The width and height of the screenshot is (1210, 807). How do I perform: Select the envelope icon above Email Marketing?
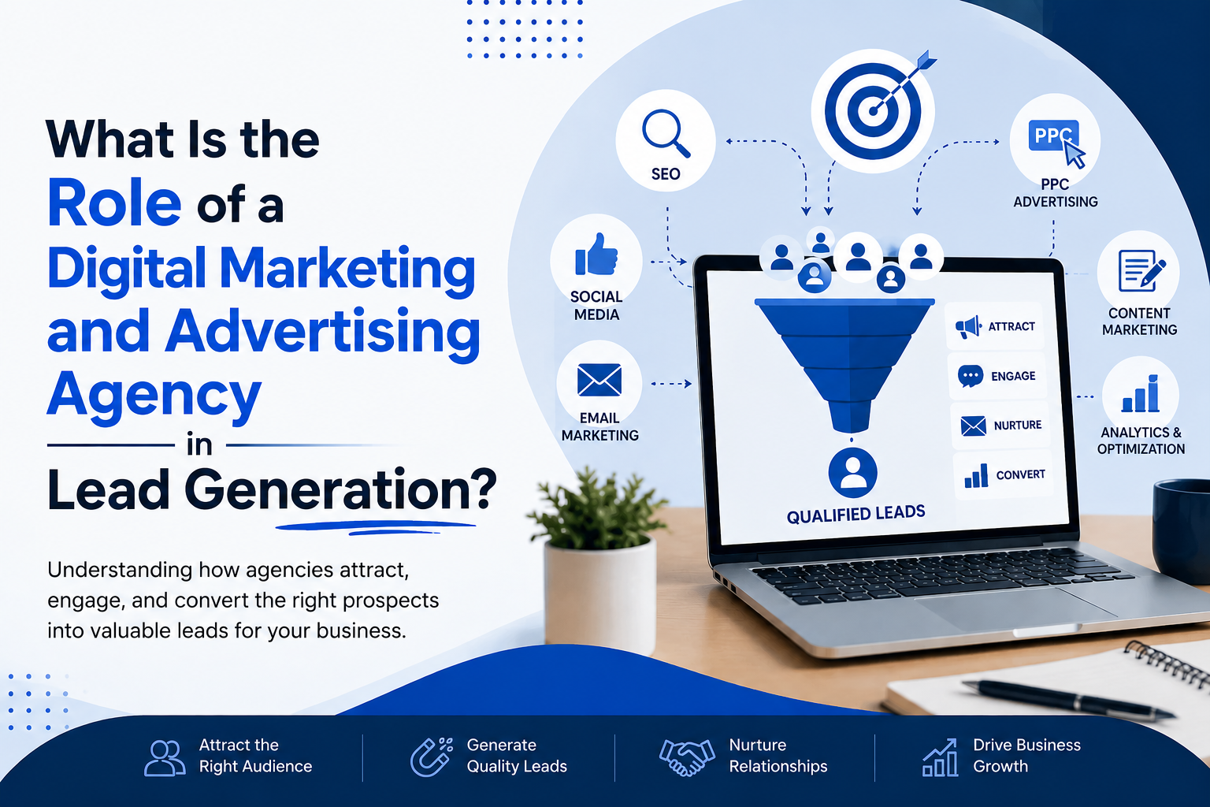599,380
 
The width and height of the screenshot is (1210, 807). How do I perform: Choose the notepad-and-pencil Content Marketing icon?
1141,270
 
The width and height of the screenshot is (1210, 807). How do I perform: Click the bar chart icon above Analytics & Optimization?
1141,393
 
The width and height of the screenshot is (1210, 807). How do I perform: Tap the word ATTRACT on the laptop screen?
1011,326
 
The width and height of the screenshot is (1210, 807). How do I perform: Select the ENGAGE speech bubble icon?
971,376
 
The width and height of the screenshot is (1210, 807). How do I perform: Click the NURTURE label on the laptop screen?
1018,426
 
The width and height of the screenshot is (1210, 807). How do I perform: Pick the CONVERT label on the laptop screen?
1020,474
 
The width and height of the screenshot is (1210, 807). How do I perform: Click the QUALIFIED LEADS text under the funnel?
856,514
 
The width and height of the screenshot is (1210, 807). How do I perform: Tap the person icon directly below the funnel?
852,472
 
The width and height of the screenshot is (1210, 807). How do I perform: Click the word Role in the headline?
114,203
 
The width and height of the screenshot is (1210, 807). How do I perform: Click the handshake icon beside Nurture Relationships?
687,757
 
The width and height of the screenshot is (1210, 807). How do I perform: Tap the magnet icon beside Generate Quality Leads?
431,757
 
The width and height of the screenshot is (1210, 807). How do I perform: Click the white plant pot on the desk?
600,594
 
